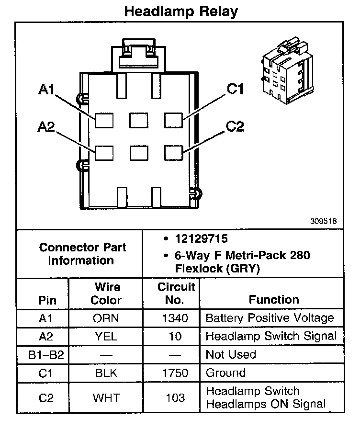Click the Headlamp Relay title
181,11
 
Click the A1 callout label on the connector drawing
46,90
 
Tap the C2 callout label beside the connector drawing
235,126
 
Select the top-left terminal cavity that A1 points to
104,120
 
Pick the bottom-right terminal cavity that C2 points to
174,153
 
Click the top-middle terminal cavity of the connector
139,120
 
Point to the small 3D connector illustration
287,70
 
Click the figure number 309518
323,221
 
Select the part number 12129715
202,238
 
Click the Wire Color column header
106,294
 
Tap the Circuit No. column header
176,294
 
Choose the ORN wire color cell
106,318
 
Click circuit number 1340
175,318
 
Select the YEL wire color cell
106,337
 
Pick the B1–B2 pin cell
46,355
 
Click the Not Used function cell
231,355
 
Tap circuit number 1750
175,373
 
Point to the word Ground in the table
225,373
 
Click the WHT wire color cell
106,397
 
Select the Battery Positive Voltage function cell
270,318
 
